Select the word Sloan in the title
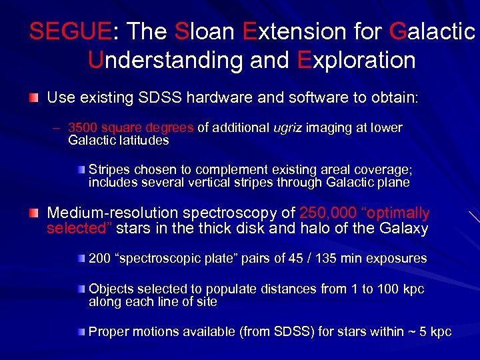[205, 31]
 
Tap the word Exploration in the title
[356, 60]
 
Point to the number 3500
[83, 128]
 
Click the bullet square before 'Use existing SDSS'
[33, 98]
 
